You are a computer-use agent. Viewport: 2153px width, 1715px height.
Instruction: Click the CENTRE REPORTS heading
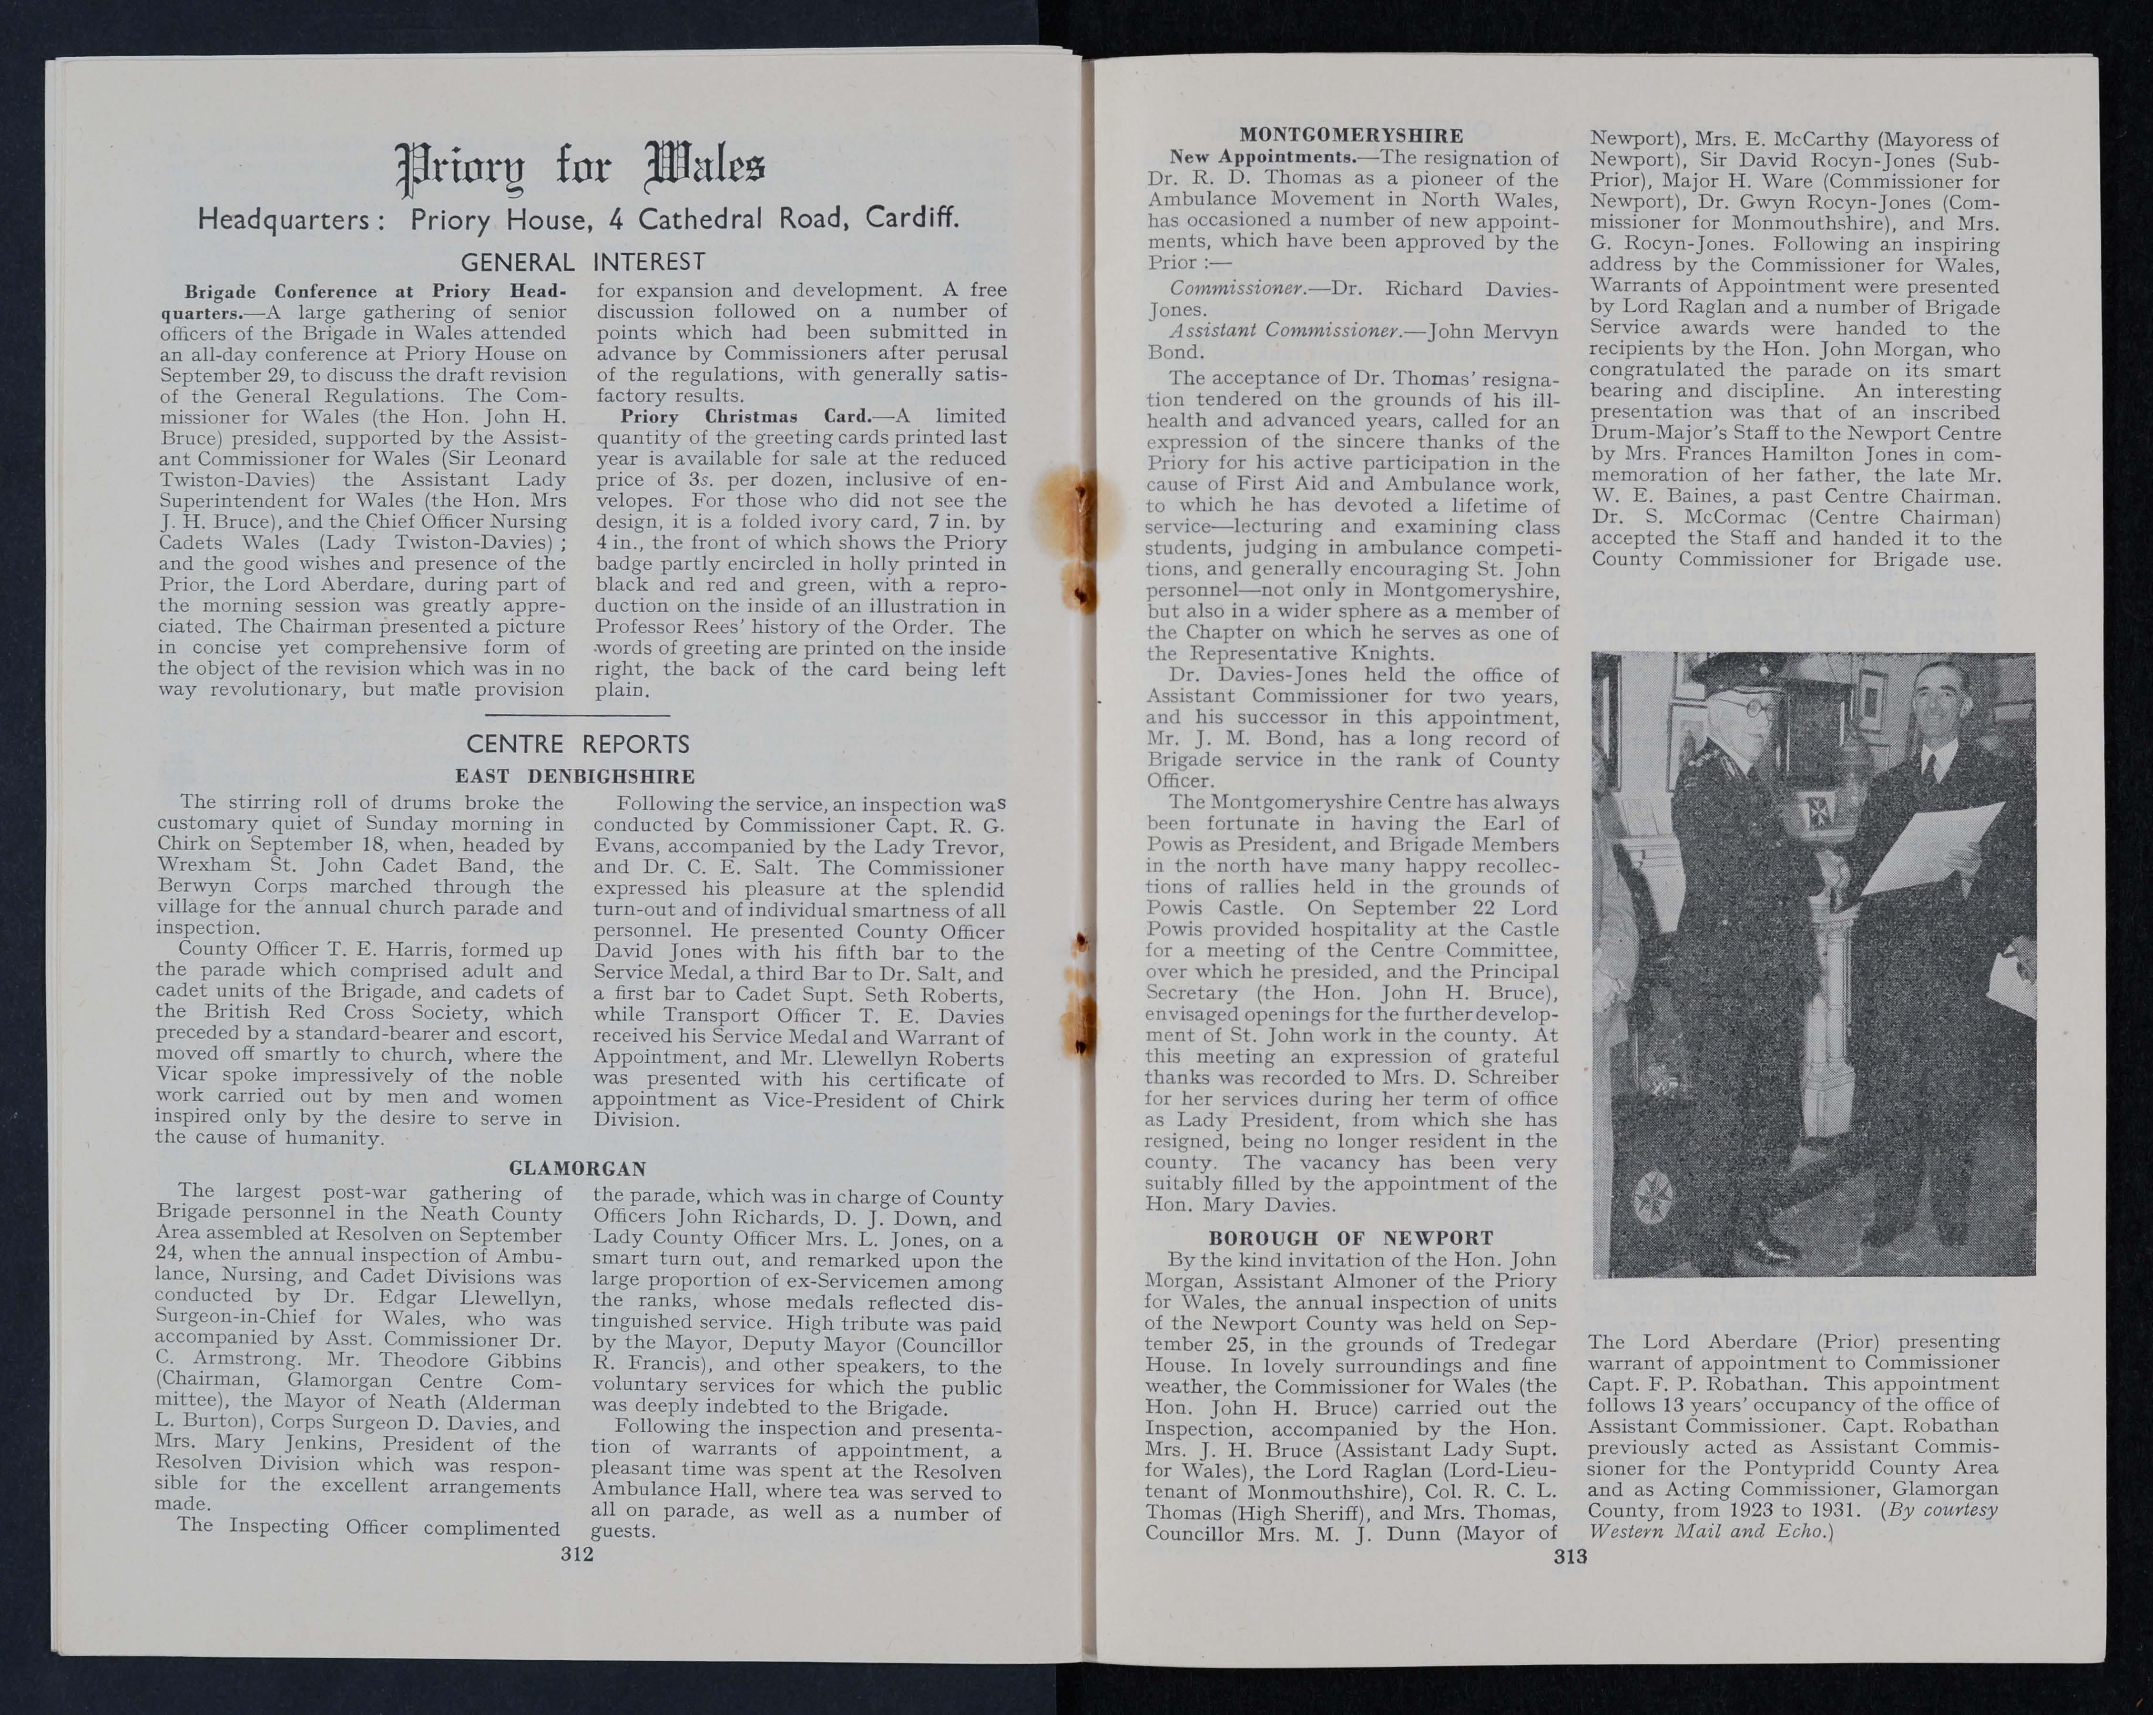coord(578,744)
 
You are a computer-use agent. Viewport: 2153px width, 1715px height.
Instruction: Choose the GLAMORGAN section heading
coord(578,1168)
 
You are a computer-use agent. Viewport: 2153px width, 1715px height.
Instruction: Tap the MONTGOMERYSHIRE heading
coord(1351,136)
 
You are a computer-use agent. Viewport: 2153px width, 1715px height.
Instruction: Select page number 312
coord(577,1553)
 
